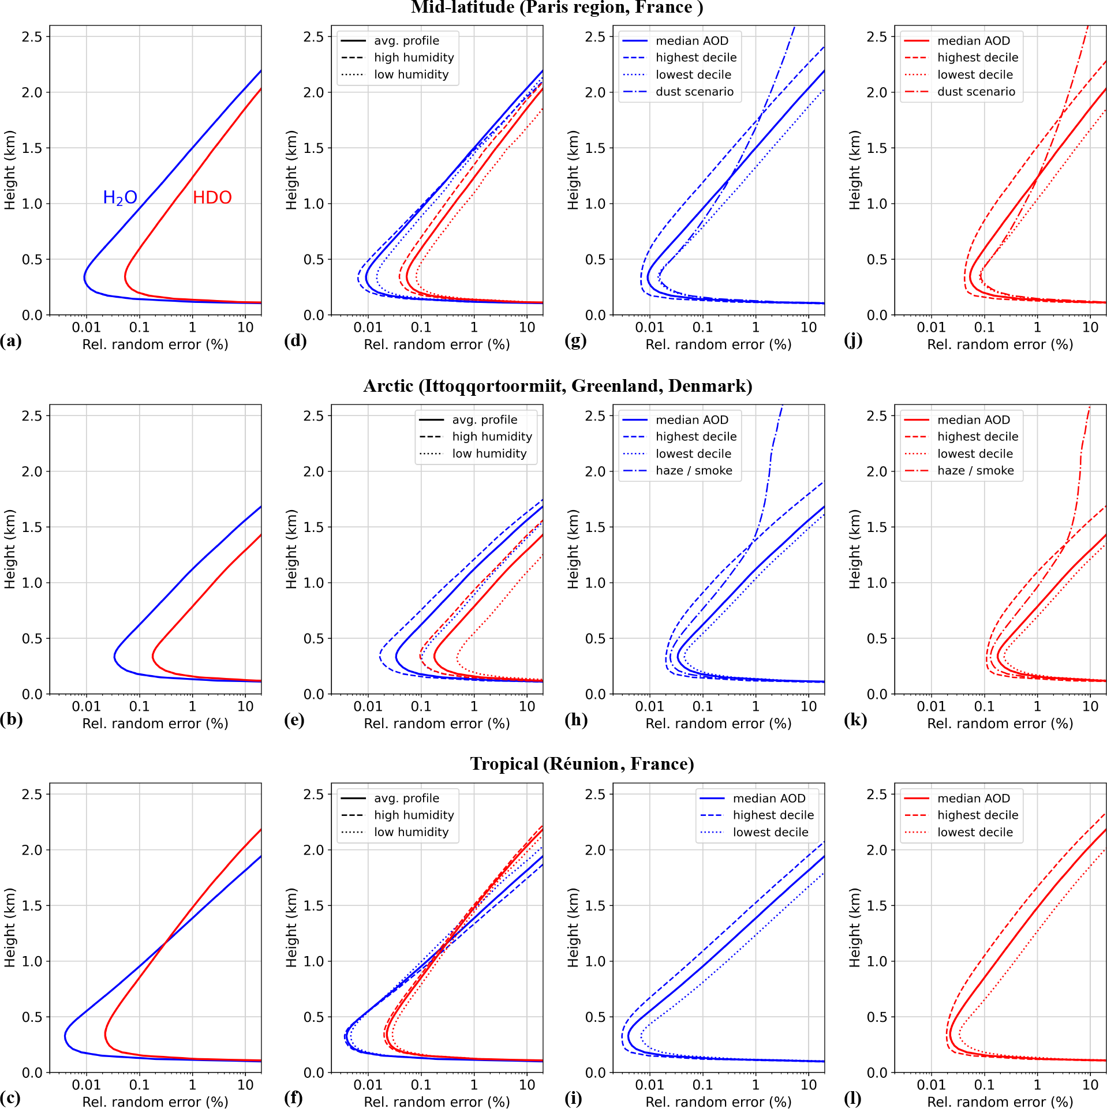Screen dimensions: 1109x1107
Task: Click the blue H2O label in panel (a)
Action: [120, 198]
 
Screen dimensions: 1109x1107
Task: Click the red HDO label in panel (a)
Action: [212, 198]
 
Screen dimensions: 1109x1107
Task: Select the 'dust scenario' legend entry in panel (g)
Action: [694, 92]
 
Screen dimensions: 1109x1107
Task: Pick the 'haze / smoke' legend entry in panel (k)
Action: [975, 471]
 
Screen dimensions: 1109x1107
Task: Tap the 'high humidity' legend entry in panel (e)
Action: [492, 437]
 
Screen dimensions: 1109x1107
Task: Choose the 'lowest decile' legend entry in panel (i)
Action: [770, 832]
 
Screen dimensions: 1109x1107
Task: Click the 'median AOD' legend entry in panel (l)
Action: [974, 799]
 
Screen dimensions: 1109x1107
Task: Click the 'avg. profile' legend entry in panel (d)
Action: [406, 41]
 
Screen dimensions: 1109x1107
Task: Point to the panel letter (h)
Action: [576, 720]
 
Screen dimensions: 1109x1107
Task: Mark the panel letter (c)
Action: [11, 1098]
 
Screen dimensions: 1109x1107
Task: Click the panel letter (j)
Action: [853, 340]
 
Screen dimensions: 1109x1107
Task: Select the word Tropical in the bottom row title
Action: [504, 764]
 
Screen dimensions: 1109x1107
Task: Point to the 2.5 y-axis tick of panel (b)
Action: [32, 415]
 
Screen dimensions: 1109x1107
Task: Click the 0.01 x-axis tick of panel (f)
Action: [368, 1085]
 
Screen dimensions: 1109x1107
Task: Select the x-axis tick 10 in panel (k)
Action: [1090, 706]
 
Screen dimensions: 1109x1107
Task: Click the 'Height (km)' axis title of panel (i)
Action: [573, 927]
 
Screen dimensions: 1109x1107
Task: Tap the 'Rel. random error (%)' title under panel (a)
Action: [155, 344]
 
